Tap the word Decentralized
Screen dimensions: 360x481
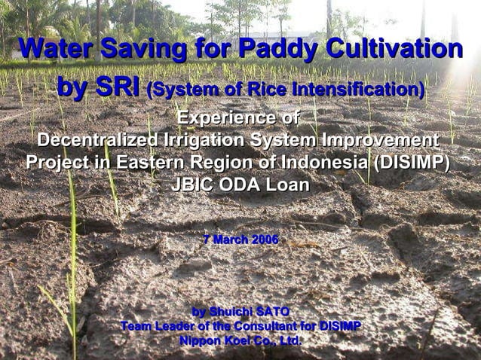97,141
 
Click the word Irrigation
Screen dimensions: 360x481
201,141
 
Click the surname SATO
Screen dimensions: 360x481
272,312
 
